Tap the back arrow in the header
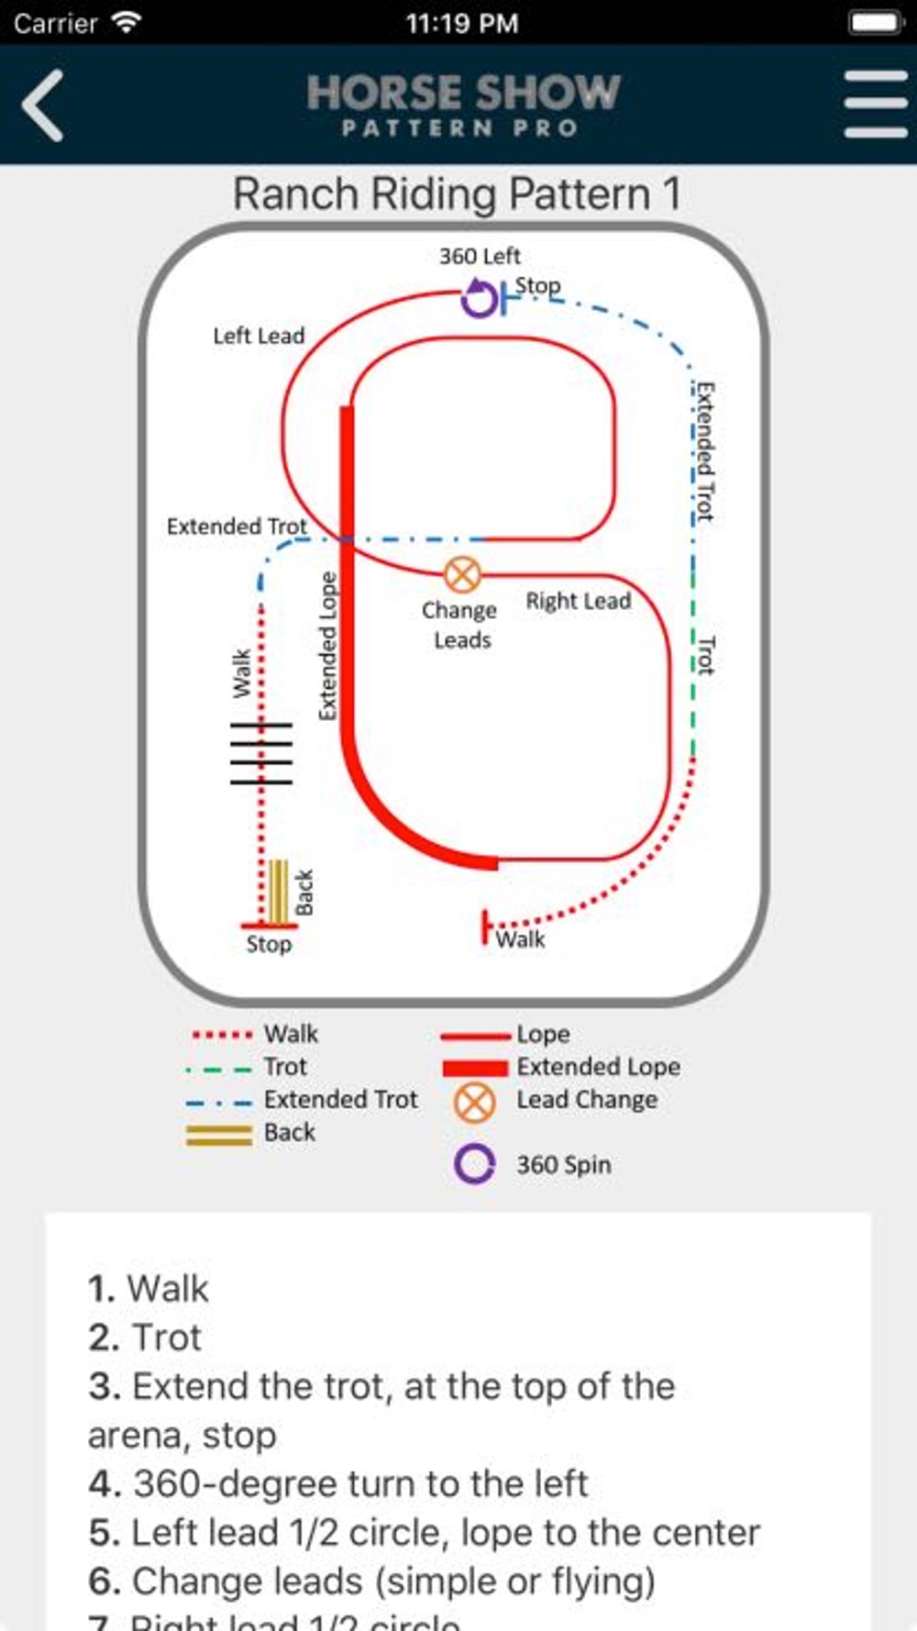point(43,105)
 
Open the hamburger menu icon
point(875,105)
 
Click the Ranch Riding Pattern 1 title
point(457,194)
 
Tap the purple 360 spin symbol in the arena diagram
point(479,297)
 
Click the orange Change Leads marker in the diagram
point(462,575)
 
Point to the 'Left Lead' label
point(259,336)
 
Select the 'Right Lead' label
point(578,601)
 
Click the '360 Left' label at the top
point(479,256)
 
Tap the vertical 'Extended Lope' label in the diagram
point(327,646)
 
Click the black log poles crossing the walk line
point(260,753)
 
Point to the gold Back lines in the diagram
point(277,892)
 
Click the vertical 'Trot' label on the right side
point(705,654)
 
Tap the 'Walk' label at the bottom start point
point(520,938)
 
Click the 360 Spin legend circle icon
point(474,1163)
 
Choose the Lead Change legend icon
point(474,1102)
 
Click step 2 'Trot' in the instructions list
point(145,1337)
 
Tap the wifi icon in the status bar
point(125,22)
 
